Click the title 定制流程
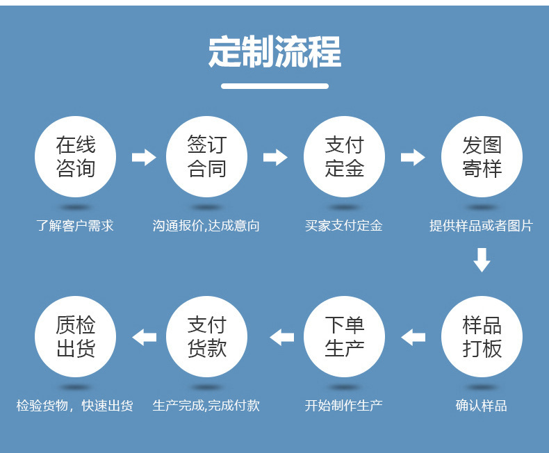(x=274, y=51)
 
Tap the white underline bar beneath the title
(x=275, y=86)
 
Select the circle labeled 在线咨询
(x=75, y=156)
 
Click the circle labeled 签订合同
(x=206, y=156)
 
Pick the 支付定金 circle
(x=344, y=156)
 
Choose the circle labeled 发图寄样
(x=482, y=156)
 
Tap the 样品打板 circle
(x=482, y=336)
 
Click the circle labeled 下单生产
(x=344, y=336)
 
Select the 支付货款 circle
(x=206, y=336)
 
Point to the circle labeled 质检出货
(x=75, y=336)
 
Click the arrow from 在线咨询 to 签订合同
(x=144, y=157)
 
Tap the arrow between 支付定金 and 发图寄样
(x=413, y=157)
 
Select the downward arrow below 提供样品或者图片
(x=482, y=260)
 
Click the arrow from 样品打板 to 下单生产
(x=413, y=337)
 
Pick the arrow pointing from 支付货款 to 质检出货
(x=145, y=337)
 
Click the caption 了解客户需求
(x=75, y=226)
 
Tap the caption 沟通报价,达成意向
(x=206, y=226)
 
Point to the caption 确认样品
(x=482, y=406)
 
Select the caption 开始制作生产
(x=344, y=406)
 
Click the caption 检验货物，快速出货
(x=74, y=406)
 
